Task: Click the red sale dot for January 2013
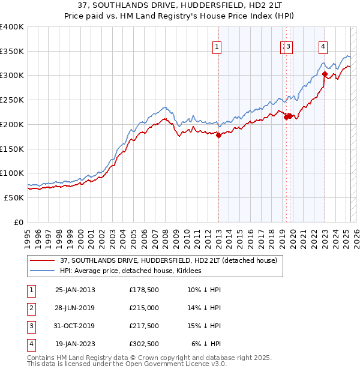(x=219, y=135)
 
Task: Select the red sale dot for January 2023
(x=325, y=74)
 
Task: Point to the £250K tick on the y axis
(x=12, y=100)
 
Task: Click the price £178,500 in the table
(x=144, y=290)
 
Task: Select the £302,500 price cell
(x=144, y=344)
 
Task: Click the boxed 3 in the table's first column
(x=30, y=326)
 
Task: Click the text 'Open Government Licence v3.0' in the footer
(x=175, y=364)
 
